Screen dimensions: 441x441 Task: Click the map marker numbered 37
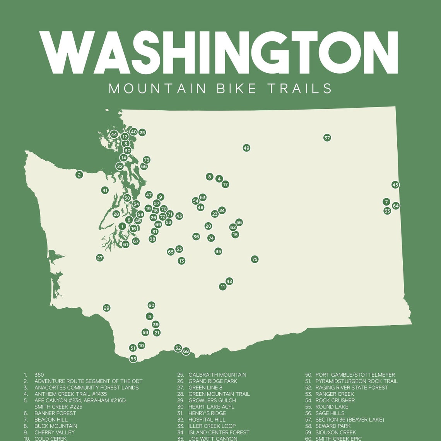click(x=327, y=138)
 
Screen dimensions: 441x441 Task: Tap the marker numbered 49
click(x=246, y=148)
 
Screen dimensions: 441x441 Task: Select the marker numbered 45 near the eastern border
click(x=395, y=185)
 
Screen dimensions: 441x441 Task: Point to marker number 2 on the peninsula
click(x=79, y=175)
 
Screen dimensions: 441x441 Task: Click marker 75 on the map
click(x=255, y=259)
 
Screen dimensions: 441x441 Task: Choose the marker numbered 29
click(x=107, y=308)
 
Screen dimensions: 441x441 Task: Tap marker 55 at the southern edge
click(x=133, y=359)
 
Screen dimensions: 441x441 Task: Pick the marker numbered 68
click(x=186, y=351)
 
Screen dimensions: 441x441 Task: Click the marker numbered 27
click(x=100, y=258)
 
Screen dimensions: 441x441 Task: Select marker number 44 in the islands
click(x=114, y=135)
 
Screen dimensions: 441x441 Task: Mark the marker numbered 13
click(x=181, y=261)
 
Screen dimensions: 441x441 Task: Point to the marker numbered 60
click(x=151, y=305)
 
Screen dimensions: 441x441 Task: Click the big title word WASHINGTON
click(x=219, y=53)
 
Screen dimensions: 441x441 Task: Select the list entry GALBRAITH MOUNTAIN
click(x=217, y=375)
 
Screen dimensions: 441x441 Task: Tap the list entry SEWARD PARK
click(x=333, y=426)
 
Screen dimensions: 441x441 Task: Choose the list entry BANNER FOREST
click(x=55, y=413)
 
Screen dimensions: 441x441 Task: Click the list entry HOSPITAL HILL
click(x=206, y=420)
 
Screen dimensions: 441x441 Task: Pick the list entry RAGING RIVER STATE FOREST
click(x=351, y=388)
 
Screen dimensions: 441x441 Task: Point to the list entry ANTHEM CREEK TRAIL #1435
click(x=70, y=394)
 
